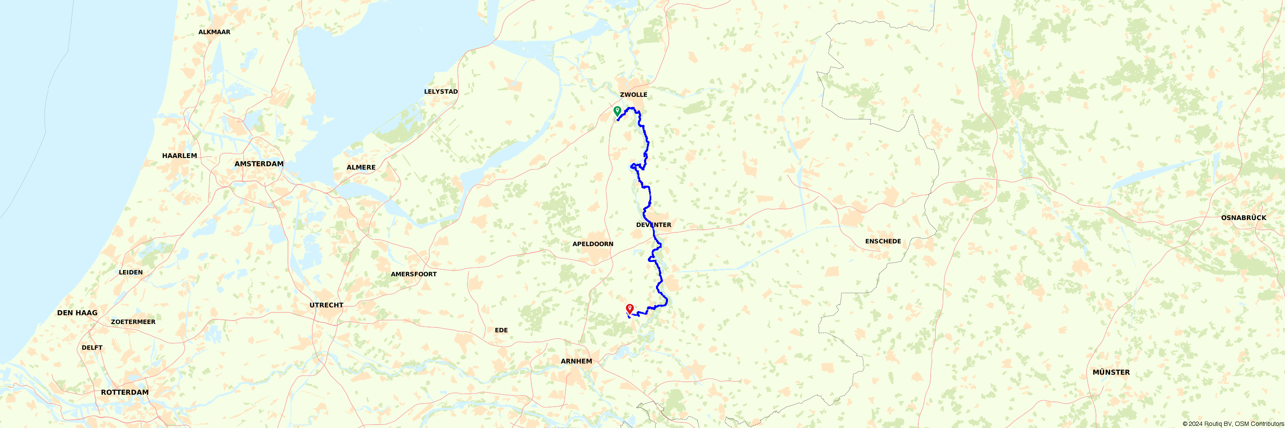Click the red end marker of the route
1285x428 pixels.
tap(629, 309)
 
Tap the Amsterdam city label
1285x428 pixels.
tap(259, 164)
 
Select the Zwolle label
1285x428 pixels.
tap(634, 95)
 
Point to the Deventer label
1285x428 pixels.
tap(653, 225)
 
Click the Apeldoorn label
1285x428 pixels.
tap(593, 244)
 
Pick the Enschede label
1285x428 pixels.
tap(883, 241)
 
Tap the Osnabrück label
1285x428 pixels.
tap(1243, 218)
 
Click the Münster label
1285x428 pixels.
tap(1111, 372)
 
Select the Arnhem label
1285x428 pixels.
tap(576, 361)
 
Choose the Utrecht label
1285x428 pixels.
tap(326, 305)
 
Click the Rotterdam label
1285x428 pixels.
tap(125, 392)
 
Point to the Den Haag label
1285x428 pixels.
tap(77, 313)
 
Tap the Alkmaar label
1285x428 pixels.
tap(215, 32)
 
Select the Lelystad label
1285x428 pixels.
tap(440, 92)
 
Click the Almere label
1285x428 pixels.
tap(361, 167)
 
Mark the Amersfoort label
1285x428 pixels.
tap(413, 274)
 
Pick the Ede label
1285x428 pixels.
tap(501, 330)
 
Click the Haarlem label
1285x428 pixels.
tap(180, 156)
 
